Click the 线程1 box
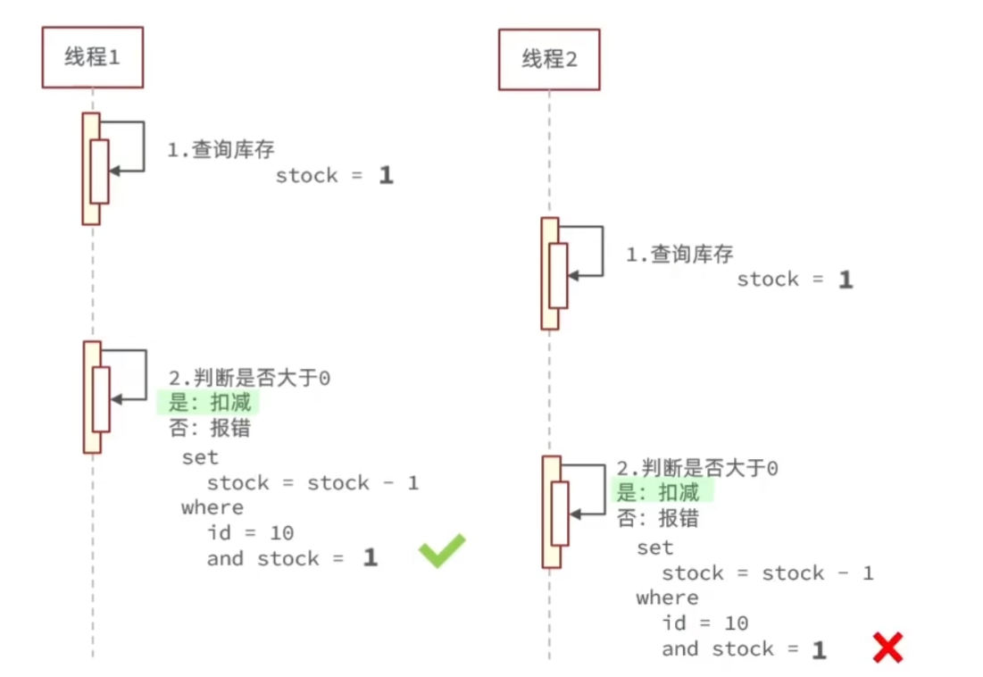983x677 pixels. (x=92, y=58)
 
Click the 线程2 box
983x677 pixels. (x=549, y=60)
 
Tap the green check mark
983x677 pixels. (x=442, y=550)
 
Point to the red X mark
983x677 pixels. (x=887, y=647)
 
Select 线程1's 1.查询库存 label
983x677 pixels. (x=221, y=150)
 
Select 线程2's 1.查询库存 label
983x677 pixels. (x=679, y=255)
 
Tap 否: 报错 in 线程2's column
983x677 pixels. (x=658, y=518)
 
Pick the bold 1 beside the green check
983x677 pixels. (x=370, y=559)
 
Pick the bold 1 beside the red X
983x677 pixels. (x=819, y=650)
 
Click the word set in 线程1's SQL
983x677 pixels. (x=200, y=458)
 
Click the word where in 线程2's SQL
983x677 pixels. (x=667, y=598)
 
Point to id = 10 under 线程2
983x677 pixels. (x=704, y=623)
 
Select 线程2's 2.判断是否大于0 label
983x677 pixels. (x=697, y=468)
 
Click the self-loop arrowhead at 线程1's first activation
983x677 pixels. (x=113, y=170)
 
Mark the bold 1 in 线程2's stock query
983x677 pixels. (x=845, y=280)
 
